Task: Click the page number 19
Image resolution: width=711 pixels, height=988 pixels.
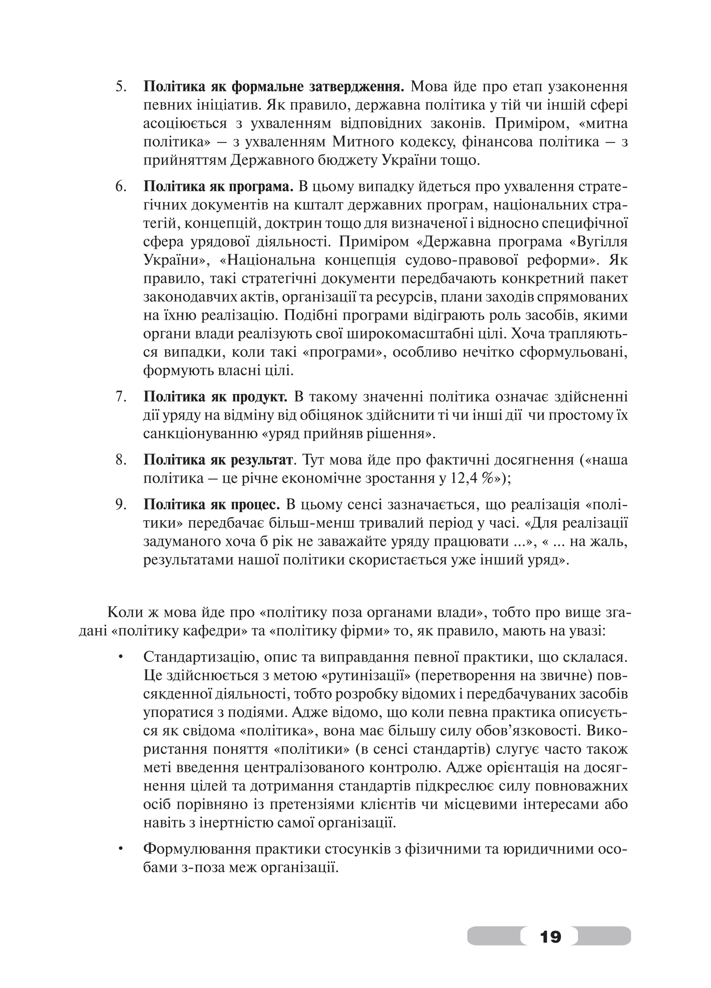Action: [550, 935]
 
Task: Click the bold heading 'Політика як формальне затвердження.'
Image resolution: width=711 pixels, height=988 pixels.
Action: [274, 86]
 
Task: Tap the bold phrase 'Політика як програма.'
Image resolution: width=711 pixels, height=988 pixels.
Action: [219, 186]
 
